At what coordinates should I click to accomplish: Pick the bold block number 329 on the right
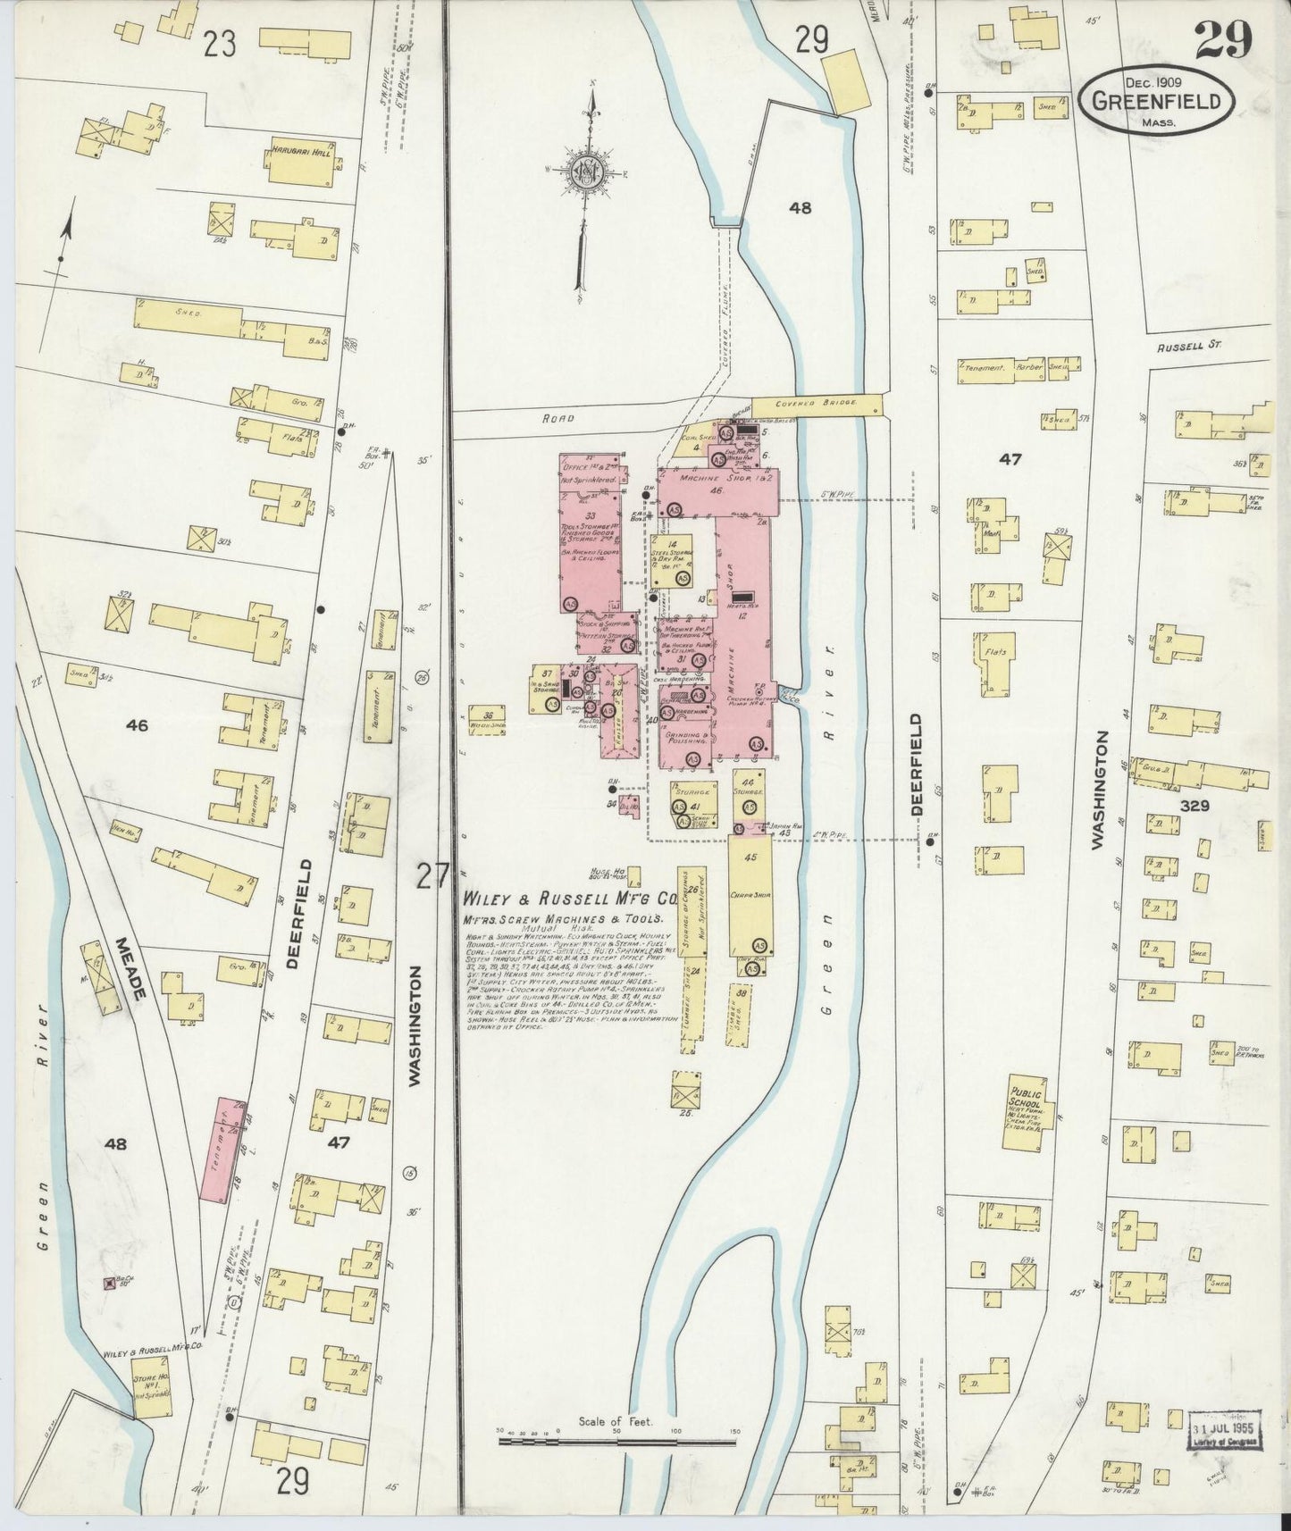(1194, 806)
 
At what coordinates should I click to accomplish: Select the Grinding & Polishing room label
(685, 739)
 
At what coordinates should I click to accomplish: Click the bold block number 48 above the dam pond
(800, 208)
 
